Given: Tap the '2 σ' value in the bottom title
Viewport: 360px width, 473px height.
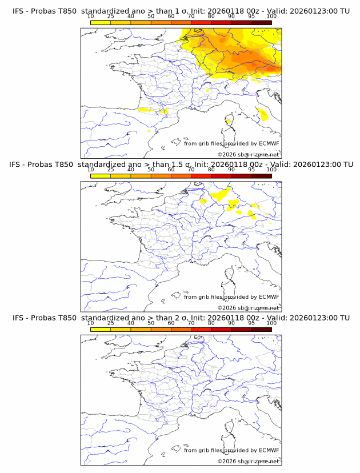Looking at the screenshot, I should pyautogui.click(x=182, y=318).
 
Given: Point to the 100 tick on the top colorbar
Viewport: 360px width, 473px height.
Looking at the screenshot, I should pyautogui.click(x=271, y=17).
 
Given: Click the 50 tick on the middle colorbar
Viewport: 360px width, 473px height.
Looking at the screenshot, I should pyautogui.click(x=151, y=170).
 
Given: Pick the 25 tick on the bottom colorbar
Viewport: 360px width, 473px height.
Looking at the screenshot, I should pyautogui.click(x=110, y=323).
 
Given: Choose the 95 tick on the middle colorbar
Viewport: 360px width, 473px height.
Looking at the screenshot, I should pyautogui.click(x=251, y=170).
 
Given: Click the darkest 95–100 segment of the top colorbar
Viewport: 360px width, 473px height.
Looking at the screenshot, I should pyautogui.click(x=261, y=23).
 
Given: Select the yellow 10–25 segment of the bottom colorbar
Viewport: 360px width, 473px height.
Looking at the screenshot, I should pyautogui.click(x=101, y=329).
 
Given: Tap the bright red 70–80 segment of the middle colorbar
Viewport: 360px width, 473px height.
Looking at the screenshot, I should pyautogui.click(x=201, y=176).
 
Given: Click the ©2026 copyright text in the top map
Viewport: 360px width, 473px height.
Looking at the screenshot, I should pyautogui.click(x=248, y=154).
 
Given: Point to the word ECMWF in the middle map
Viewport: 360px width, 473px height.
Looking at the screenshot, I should pyautogui.click(x=269, y=296).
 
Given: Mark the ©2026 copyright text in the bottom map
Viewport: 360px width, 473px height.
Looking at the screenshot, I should pyautogui.click(x=248, y=461).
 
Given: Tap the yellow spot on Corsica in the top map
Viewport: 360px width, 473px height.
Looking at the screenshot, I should pyautogui.click(x=229, y=121).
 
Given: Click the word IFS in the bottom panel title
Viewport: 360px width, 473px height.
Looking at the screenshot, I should pyautogui.click(x=19, y=318).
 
